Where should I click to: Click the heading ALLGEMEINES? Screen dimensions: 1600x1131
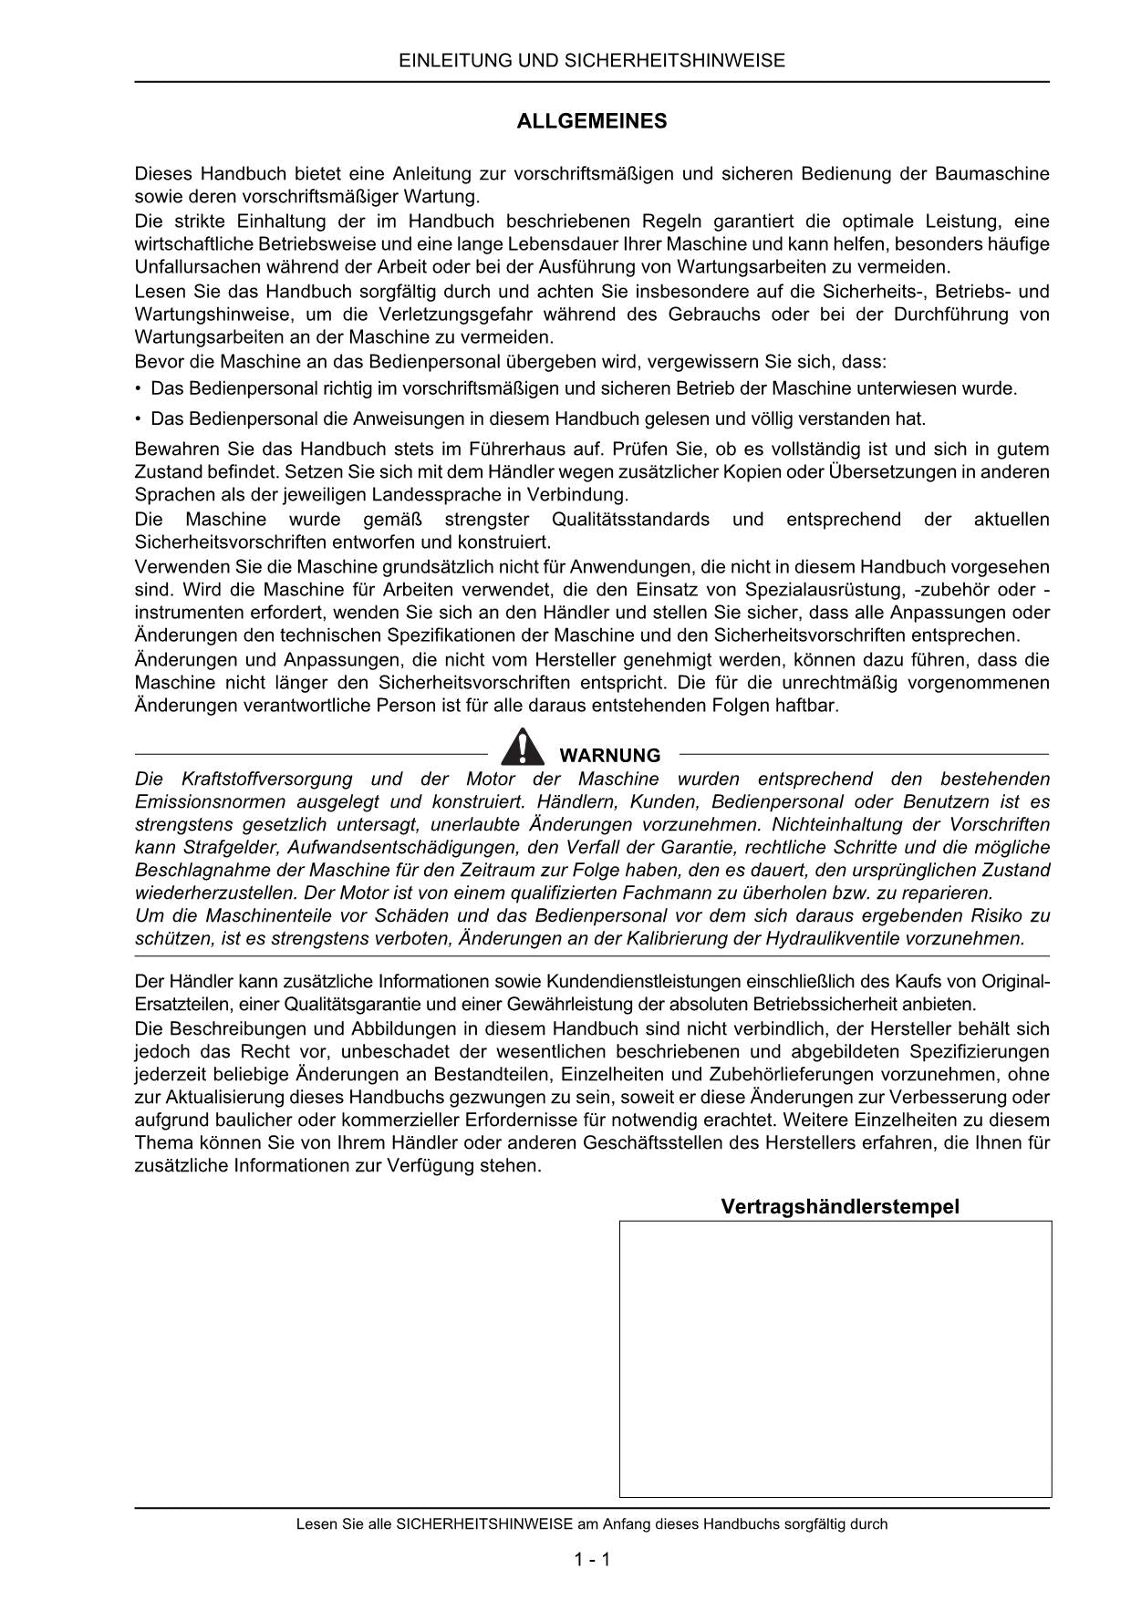[592, 121]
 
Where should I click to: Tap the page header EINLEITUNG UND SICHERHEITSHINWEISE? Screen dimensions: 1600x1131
[592, 61]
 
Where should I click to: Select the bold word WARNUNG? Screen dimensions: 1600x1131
[609, 756]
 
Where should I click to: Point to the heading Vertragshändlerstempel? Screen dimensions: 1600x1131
[840, 1207]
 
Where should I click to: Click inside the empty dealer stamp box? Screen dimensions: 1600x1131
[835, 1358]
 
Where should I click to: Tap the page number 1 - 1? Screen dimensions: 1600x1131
[592, 1559]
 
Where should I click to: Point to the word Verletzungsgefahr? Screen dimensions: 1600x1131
[454, 315]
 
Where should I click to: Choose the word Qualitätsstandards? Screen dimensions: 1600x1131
[630, 520]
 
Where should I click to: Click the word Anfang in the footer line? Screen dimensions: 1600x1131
[653, 1523]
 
